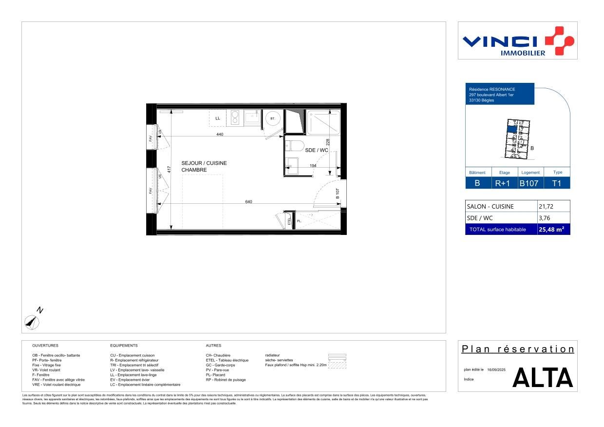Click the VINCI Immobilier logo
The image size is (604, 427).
518,41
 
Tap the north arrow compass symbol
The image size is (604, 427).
32,321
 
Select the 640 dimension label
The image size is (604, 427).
248,201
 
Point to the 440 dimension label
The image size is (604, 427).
220,134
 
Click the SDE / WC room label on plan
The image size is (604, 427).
317,151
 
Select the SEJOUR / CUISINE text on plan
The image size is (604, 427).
204,163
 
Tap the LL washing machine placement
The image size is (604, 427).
218,118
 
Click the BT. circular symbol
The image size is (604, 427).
272,118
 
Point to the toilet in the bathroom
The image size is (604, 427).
295,146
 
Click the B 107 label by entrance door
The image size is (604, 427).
337,194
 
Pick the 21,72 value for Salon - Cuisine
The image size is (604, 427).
546,206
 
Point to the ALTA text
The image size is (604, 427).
543,378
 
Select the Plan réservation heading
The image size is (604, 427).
518,349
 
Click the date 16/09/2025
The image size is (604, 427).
496,370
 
